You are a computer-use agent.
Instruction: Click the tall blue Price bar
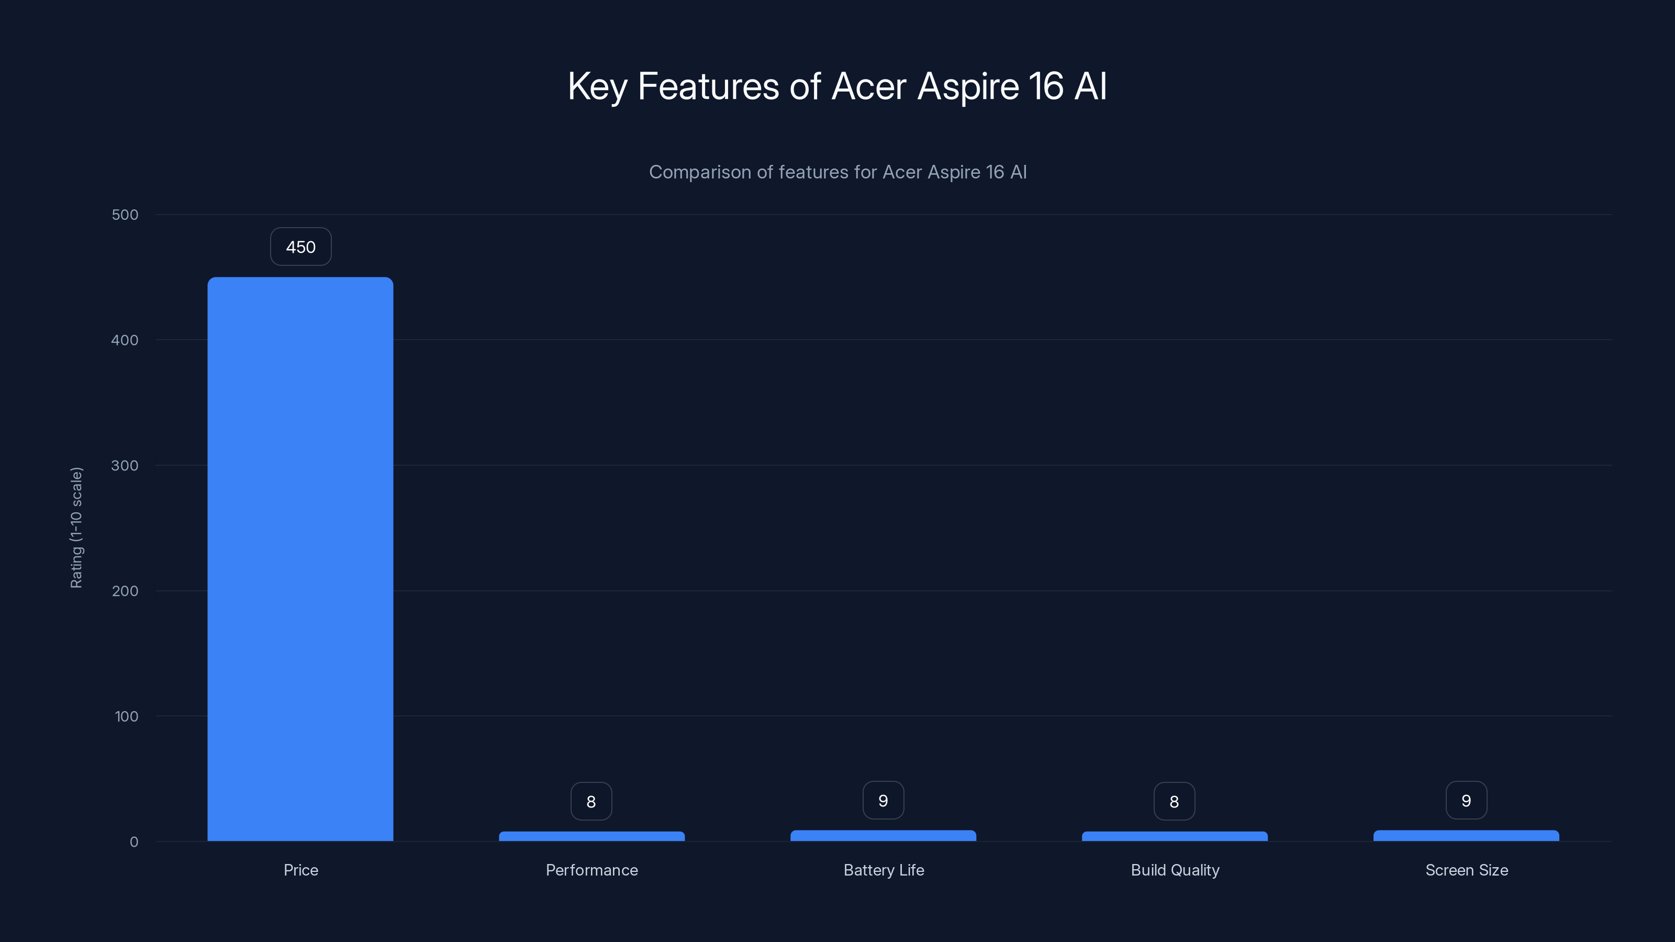(x=300, y=559)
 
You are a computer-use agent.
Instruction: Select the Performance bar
(x=591, y=836)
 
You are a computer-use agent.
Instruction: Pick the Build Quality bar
(x=1174, y=836)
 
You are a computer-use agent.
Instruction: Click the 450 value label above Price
(x=300, y=247)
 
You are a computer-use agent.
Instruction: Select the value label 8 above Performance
(x=591, y=802)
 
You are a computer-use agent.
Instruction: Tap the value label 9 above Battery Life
(x=883, y=800)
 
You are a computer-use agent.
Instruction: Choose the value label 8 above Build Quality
(x=1174, y=802)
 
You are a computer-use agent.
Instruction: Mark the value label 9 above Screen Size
(x=1466, y=800)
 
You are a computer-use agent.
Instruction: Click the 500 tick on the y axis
(x=125, y=215)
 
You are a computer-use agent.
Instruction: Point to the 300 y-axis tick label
(x=125, y=465)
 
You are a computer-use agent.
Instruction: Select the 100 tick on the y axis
(x=126, y=716)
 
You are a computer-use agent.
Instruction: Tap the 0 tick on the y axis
(x=134, y=842)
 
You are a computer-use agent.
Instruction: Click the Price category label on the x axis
(x=300, y=870)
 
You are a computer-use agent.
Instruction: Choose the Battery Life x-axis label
(x=884, y=870)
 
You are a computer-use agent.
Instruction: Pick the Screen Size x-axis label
(x=1466, y=870)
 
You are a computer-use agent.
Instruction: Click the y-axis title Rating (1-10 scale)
(x=77, y=527)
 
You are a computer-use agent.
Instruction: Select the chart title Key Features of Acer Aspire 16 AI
(x=837, y=86)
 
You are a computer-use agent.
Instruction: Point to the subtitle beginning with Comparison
(x=837, y=172)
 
